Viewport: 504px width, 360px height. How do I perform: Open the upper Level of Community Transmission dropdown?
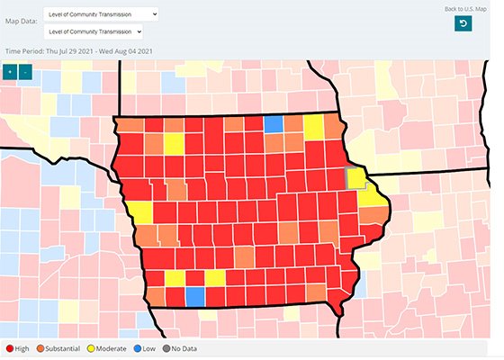pyautogui.click(x=100, y=14)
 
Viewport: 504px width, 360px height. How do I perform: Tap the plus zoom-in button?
pyautogui.click(x=10, y=71)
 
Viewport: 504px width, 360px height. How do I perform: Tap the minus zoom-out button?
pyautogui.click(x=25, y=71)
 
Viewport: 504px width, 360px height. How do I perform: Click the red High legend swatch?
pyautogui.click(x=9, y=347)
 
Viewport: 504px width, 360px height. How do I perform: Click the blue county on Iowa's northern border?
pyautogui.click(x=273, y=124)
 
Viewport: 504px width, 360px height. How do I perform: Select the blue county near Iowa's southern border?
pyautogui.click(x=194, y=296)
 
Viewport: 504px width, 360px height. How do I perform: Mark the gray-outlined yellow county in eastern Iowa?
pyautogui.click(x=356, y=176)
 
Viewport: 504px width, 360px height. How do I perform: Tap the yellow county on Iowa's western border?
pyautogui.click(x=141, y=212)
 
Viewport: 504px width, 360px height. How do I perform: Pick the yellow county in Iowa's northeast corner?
pyautogui.click(x=314, y=128)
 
